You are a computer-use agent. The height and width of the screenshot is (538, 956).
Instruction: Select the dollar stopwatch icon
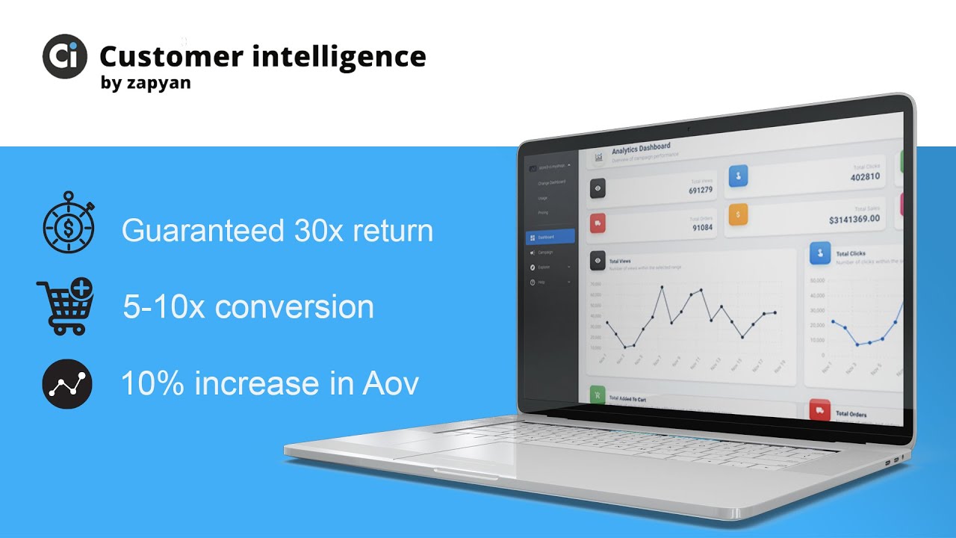tap(68, 222)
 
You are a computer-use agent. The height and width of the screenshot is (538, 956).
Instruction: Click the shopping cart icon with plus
tap(65, 305)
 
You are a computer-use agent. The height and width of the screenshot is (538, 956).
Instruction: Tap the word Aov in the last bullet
tap(391, 383)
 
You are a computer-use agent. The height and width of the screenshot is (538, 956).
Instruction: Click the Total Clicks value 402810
tap(865, 177)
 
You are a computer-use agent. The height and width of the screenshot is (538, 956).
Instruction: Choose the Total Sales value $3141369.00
tap(854, 219)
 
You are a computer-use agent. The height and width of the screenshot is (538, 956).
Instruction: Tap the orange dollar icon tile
tap(738, 214)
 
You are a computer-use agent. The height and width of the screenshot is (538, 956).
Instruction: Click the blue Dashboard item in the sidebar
tap(550, 236)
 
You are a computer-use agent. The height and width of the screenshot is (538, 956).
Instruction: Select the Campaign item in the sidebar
tap(546, 253)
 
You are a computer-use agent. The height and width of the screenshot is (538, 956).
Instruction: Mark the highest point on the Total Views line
tap(662, 287)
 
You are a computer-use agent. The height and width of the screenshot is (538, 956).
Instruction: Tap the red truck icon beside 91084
tap(597, 223)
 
